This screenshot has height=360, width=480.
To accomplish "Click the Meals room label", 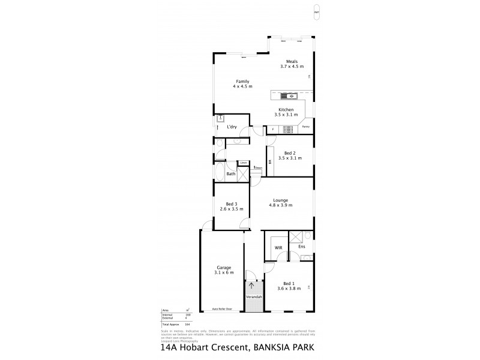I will pyautogui.click(x=292, y=61).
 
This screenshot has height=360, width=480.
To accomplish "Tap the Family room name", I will pyautogui.click(x=242, y=82).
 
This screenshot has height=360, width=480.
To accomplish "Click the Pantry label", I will pyautogui.click(x=305, y=127).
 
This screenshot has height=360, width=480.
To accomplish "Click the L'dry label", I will pyautogui.click(x=231, y=127).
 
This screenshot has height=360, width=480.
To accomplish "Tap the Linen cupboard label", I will pyautogui.click(x=243, y=163).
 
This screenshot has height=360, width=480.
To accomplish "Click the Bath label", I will pyautogui.click(x=230, y=173).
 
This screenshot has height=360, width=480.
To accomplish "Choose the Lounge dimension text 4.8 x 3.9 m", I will pyautogui.click(x=281, y=205).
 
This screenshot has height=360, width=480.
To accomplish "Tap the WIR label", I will pyautogui.click(x=278, y=247).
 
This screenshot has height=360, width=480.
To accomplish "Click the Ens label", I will pyautogui.click(x=301, y=247).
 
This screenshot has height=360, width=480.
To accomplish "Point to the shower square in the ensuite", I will pyautogui.click(x=296, y=236).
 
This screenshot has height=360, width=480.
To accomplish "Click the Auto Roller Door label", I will pyautogui.click(x=222, y=309).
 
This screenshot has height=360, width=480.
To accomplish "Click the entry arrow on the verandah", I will pyautogui.click(x=251, y=286).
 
